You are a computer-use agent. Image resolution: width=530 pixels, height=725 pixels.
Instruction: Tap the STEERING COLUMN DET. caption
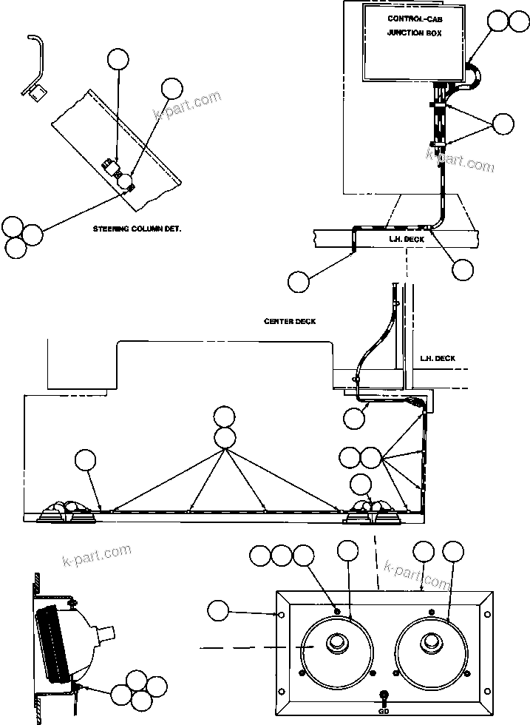[x=137, y=229]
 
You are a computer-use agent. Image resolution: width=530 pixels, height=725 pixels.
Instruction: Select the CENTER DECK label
[x=290, y=321]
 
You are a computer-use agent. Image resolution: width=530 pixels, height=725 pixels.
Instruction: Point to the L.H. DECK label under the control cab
[x=407, y=240]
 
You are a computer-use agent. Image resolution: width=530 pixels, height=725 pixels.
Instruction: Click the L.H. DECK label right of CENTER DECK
[x=438, y=358]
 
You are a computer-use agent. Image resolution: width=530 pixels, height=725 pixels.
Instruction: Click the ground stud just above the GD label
[x=383, y=695]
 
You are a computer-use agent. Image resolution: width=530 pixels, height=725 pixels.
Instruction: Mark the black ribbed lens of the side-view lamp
[x=55, y=643]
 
